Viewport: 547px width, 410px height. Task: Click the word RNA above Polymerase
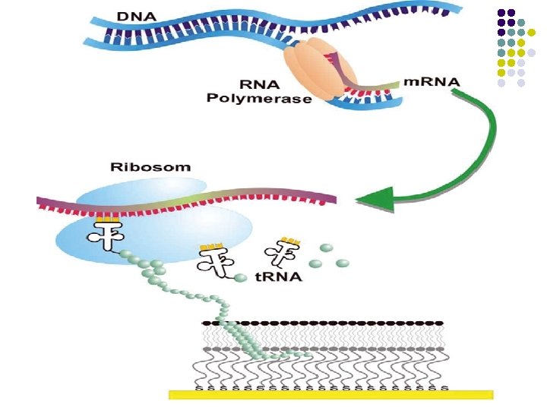(259, 84)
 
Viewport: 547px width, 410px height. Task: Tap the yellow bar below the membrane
(330, 394)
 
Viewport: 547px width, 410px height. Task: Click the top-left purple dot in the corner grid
(501, 13)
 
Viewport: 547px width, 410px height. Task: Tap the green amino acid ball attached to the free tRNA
(241, 279)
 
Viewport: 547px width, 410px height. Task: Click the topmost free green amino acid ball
(327, 247)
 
